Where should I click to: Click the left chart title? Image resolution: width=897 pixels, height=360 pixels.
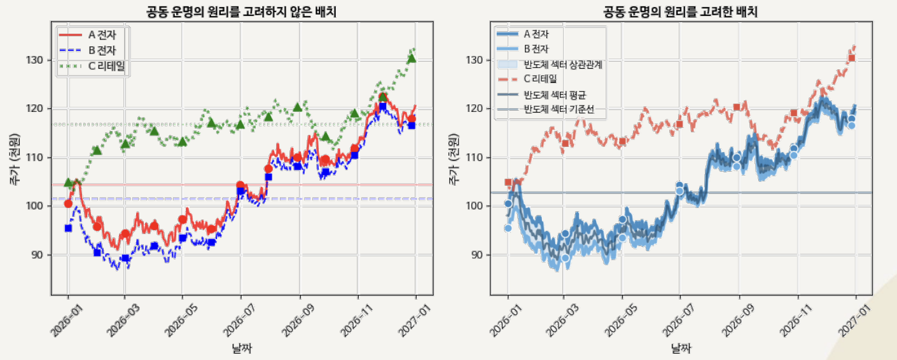(242, 11)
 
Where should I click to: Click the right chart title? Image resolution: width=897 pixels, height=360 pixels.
(681, 11)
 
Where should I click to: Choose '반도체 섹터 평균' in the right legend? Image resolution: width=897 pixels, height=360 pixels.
(554, 95)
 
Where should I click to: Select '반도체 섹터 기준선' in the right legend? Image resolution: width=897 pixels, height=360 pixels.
(558, 110)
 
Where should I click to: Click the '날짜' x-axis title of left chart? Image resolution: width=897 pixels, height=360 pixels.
(242, 349)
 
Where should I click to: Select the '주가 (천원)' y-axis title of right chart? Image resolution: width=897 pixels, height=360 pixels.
(454, 159)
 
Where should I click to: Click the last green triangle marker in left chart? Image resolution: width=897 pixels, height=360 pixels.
(412, 58)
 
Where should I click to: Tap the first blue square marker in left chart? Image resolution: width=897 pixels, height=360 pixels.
(68, 228)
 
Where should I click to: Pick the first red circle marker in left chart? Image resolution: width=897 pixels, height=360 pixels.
(68, 204)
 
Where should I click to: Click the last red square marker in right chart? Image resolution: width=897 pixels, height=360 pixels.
(851, 59)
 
